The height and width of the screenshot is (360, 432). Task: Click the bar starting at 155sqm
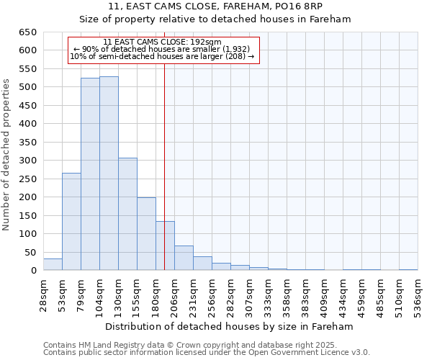[146, 234]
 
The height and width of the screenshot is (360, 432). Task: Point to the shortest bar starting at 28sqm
[53, 264]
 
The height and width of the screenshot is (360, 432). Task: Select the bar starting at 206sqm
[184, 258]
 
